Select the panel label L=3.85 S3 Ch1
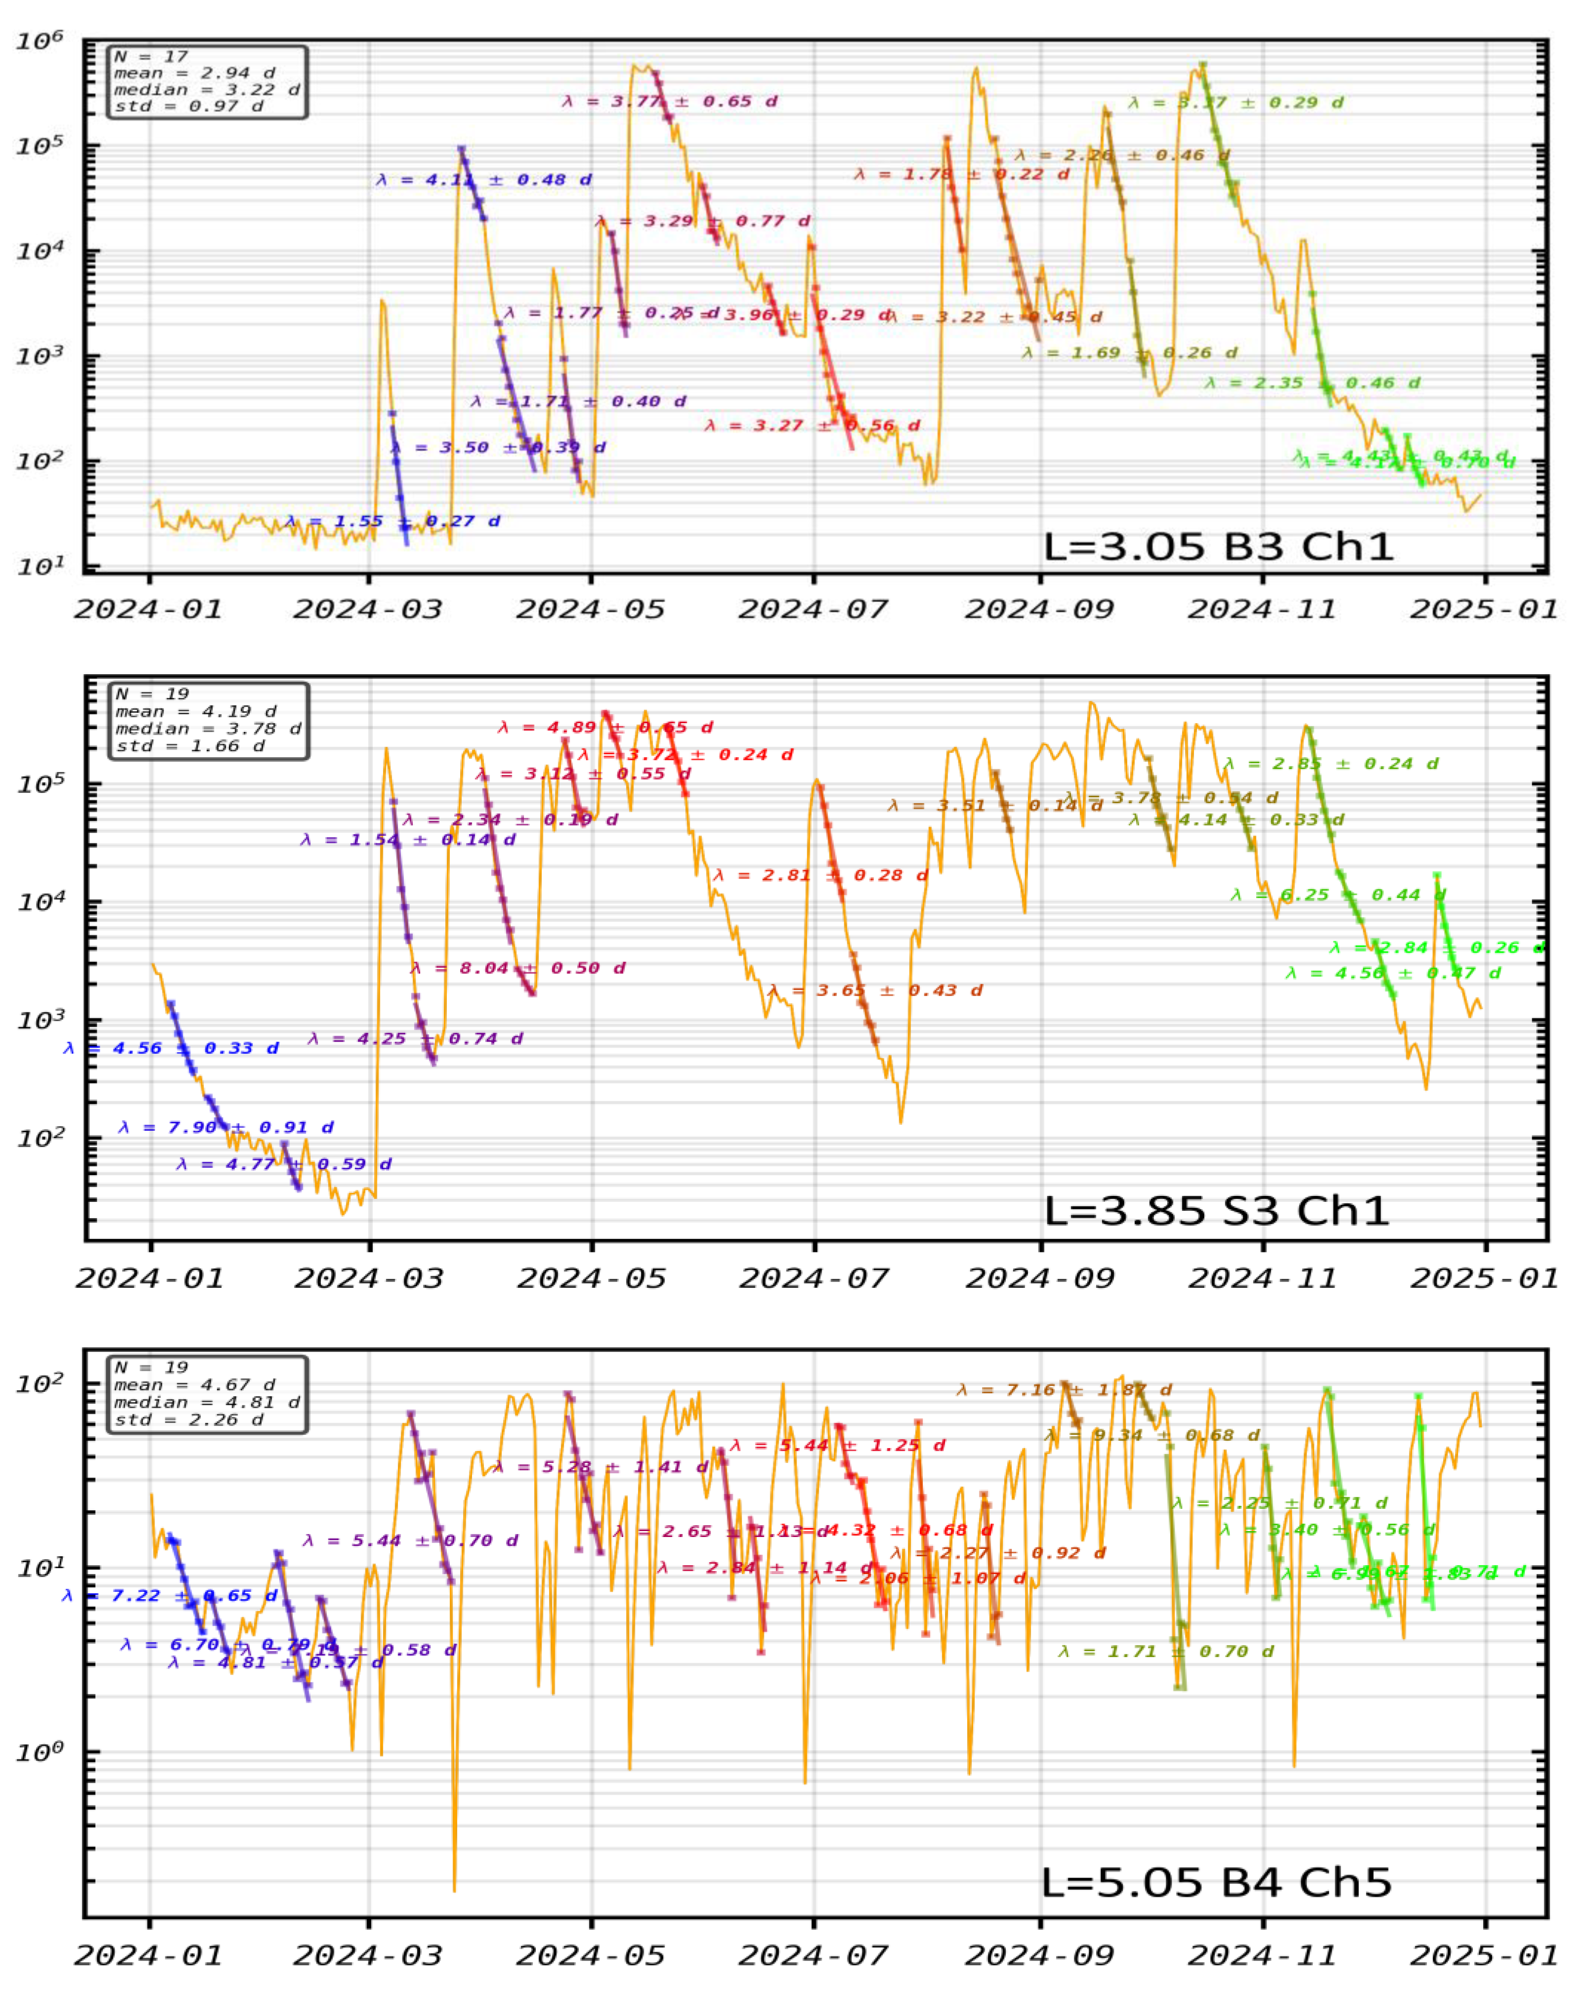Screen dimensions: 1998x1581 1216,1210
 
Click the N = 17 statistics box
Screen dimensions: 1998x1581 206,81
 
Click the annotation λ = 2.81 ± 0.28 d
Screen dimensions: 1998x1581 820,876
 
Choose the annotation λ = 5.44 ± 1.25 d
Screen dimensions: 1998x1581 838,1446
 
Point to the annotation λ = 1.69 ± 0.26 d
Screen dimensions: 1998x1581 1129,352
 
